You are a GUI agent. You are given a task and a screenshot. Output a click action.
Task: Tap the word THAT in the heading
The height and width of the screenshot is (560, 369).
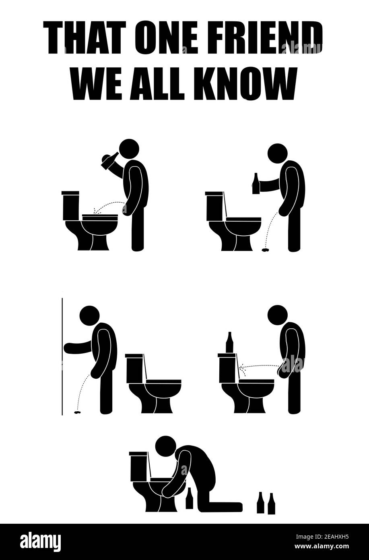point(85,37)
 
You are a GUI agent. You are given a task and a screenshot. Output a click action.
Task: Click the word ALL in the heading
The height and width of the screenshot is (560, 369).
point(157,84)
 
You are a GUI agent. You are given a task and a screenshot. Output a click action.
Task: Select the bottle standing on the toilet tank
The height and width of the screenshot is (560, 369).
point(229,342)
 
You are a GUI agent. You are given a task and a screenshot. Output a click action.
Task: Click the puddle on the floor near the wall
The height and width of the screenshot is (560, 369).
point(77,413)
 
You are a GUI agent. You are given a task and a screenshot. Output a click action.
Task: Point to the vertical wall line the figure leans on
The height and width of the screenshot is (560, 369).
point(62,357)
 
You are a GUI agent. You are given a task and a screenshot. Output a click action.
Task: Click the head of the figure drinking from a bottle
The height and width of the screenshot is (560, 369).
point(129,149)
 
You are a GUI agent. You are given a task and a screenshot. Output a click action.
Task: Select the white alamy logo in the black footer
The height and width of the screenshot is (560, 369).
point(41,541)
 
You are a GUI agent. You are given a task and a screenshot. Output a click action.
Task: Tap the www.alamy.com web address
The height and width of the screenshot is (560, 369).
point(322,546)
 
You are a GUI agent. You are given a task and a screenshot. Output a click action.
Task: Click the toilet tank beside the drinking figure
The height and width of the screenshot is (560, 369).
point(71,205)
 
